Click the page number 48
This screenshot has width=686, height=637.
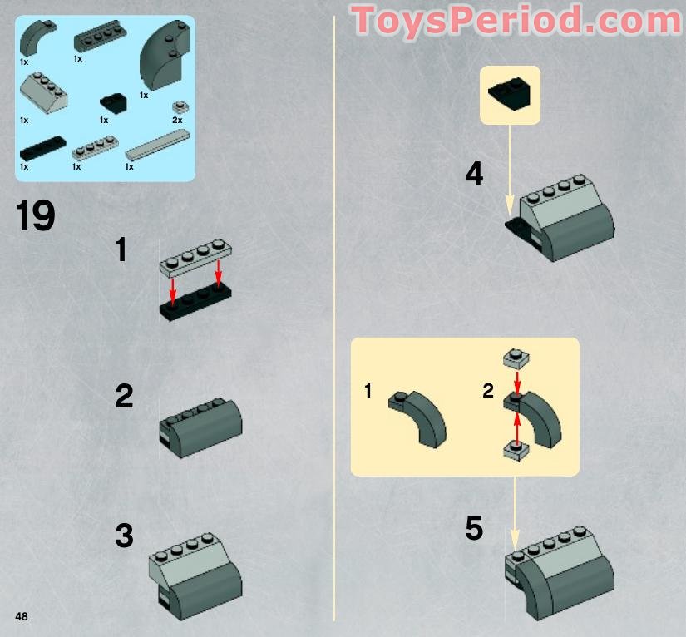click(x=22, y=615)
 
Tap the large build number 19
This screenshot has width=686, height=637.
click(x=36, y=216)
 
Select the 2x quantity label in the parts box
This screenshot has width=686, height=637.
click(x=177, y=121)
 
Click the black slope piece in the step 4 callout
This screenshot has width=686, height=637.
click(x=510, y=95)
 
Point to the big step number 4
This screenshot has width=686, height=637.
click(x=474, y=175)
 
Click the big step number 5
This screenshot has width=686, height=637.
click(x=474, y=528)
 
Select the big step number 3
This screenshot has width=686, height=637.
click(x=124, y=536)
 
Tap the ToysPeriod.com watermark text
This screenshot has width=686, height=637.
click(x=516, y=21)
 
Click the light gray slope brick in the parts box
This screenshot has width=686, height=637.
click(x=43, y=94)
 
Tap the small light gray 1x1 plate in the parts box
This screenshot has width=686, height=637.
click(x=177, y=106)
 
